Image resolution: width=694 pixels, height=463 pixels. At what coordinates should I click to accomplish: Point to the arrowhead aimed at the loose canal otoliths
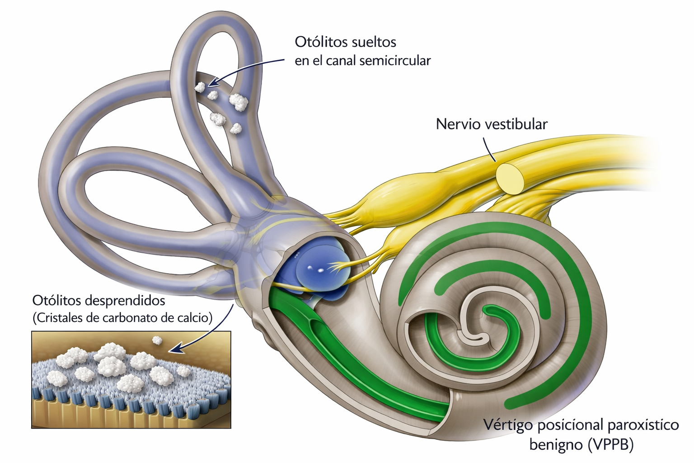[213, 82]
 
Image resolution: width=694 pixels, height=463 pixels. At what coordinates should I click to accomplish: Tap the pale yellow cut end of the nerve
[511, 178]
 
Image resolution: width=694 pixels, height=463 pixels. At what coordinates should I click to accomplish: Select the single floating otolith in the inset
[157, 340]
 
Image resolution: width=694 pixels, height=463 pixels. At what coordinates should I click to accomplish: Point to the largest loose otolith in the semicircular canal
[238, 102]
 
